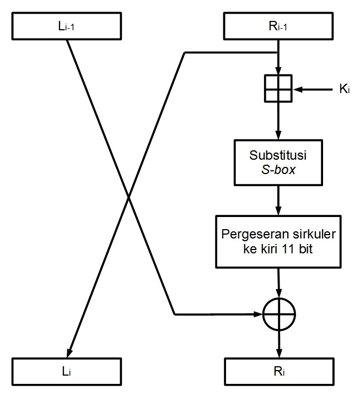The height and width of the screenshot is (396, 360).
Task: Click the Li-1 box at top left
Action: coord(67,26)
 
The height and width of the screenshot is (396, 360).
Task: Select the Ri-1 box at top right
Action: coord(278,26)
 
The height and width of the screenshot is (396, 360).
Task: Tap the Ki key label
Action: coord(345,89)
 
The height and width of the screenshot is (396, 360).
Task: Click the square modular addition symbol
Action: coord(278,89)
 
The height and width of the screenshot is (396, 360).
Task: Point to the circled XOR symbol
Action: coord(279,314)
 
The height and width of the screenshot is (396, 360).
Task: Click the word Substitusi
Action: coord(278,155)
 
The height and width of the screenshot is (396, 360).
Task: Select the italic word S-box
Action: coord(278,170)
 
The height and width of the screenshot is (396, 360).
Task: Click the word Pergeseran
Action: coord(255,235)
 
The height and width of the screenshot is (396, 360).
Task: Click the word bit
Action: coord(305,249)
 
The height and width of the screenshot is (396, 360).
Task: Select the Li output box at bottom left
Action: coord(67,372)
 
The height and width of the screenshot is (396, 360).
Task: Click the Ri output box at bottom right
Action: coord(279,372)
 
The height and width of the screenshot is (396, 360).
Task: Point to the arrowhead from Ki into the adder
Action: coord(297,89)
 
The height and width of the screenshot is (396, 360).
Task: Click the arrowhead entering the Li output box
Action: coord(69,353)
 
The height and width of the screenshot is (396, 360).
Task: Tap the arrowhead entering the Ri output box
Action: coord(279,353)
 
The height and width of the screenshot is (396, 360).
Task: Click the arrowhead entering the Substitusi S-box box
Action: coord(278,135)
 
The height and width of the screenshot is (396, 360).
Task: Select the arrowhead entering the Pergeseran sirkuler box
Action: coord(278,211)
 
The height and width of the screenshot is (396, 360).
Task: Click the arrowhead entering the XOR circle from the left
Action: coord(258,314)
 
